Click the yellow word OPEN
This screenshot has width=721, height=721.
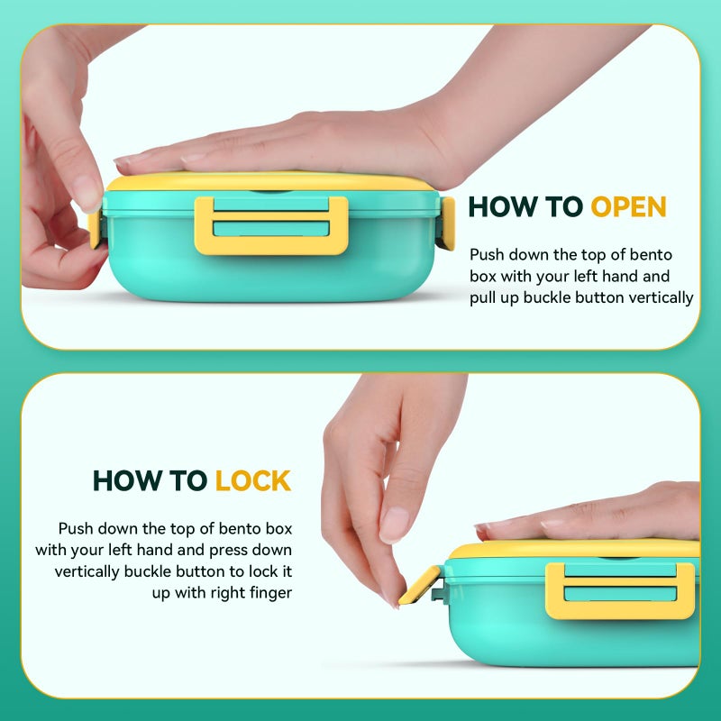coord(628,206)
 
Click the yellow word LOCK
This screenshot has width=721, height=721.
coord(253,480)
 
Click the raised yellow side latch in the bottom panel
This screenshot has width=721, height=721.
coord(420,585)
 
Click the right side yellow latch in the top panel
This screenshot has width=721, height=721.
coord(448,223)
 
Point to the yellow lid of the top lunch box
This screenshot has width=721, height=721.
coord(270,182)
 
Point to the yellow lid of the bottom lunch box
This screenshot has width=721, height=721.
coord(575,549)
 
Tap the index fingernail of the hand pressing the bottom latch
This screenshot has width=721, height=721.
coord(394,524)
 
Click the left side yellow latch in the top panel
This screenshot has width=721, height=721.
coord(95,229)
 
